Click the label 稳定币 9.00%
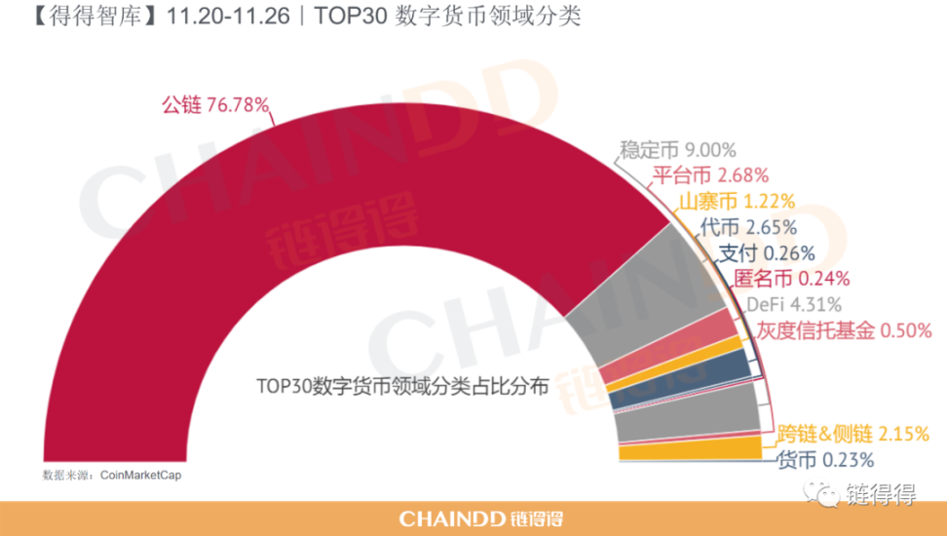[x=677, y=150]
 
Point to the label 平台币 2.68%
[x=709, y=175]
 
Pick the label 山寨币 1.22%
[x=736, y=202]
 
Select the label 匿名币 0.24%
[x=778, y=279]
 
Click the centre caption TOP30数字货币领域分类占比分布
[x=402, y=386]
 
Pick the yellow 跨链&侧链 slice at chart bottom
[x=690, y=449]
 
